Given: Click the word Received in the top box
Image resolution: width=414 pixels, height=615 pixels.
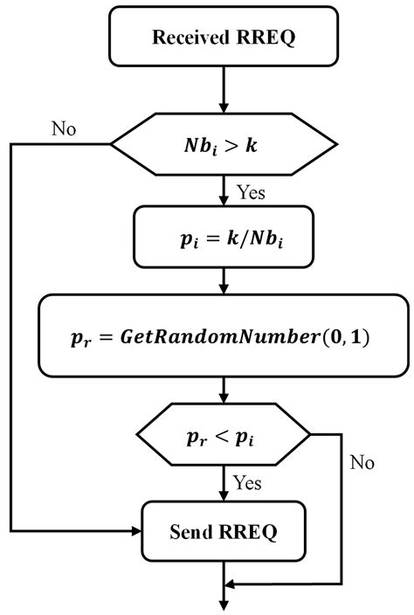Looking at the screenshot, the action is (x=190, y=38).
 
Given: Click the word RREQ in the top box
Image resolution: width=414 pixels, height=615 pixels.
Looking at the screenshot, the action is (x=266, y=38).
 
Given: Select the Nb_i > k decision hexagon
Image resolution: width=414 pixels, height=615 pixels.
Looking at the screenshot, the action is (x=224, y=144).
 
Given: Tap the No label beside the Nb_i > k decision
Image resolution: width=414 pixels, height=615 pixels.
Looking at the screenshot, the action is (x=64, y=128).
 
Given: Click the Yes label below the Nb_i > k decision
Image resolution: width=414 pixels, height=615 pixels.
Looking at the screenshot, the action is (x=251, y=192).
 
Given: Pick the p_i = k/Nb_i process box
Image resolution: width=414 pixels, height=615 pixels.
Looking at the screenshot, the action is (x=224, y=237).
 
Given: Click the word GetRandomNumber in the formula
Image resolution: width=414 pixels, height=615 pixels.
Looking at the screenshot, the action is (x=219, y=337).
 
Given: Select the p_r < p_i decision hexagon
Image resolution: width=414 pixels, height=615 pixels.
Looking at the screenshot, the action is (x=224, y=434).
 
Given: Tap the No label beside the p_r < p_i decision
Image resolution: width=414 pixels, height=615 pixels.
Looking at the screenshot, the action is (x=362, y=462).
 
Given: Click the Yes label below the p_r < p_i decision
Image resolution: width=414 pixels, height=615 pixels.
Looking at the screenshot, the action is (x=247, y=482).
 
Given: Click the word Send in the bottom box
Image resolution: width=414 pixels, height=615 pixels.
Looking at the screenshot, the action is (x=191, y=532).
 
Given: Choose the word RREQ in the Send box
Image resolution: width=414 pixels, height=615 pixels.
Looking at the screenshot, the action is (x=248, y=532).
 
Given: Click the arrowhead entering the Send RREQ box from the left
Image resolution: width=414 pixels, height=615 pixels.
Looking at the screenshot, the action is (x=136, y=531).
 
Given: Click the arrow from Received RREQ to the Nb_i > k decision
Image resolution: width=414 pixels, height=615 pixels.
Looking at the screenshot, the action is (x=224, y=90).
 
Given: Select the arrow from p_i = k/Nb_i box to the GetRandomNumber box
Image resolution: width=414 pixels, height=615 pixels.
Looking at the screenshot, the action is (x=224, y=281).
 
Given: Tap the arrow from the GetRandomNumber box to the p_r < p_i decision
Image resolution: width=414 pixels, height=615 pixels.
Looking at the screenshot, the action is (x=224, y=390).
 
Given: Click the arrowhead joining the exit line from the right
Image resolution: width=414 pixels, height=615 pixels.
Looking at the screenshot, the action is (x=230, y=584).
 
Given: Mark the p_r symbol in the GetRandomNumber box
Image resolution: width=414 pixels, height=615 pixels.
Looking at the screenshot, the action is (x=80, y=339).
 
